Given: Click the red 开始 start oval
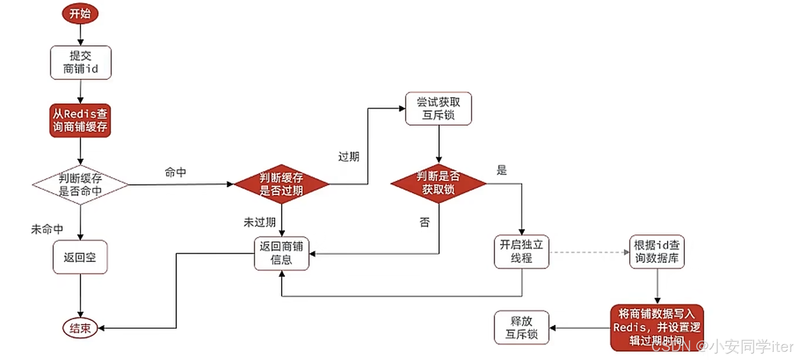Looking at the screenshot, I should (x=80, y=14).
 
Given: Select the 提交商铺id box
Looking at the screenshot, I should (x=81, y=63).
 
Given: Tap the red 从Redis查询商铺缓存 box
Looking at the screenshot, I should (x=80, y=120).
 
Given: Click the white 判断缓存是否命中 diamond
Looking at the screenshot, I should (x=80, y=184).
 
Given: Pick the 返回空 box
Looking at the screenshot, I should (x=80, y=257).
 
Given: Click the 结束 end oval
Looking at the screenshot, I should (x=80, y=328).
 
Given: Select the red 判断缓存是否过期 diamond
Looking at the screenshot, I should (x=281, y=184).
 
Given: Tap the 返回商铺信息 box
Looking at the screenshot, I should (x=281, y=253).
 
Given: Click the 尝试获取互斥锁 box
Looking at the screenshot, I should (x=438, y=109).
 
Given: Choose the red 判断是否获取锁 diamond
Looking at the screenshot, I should (x=438, y=183).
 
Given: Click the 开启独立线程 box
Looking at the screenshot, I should (x=522, y=252).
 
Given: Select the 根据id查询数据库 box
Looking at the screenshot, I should (x=657, y=252).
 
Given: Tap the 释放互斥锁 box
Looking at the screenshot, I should (x=522, y=328).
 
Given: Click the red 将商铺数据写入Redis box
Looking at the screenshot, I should (x=657, y=327).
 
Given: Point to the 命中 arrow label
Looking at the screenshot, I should (x=175, y=172).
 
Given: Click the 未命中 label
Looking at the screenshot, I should (x=47, y=229).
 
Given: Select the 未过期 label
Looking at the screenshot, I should (x=259, y=222).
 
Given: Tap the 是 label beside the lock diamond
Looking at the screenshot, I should (x=502, y=170).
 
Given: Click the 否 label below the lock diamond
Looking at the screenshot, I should (x=425, y=222).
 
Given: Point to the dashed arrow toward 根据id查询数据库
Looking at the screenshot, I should (x=589, y=252).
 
